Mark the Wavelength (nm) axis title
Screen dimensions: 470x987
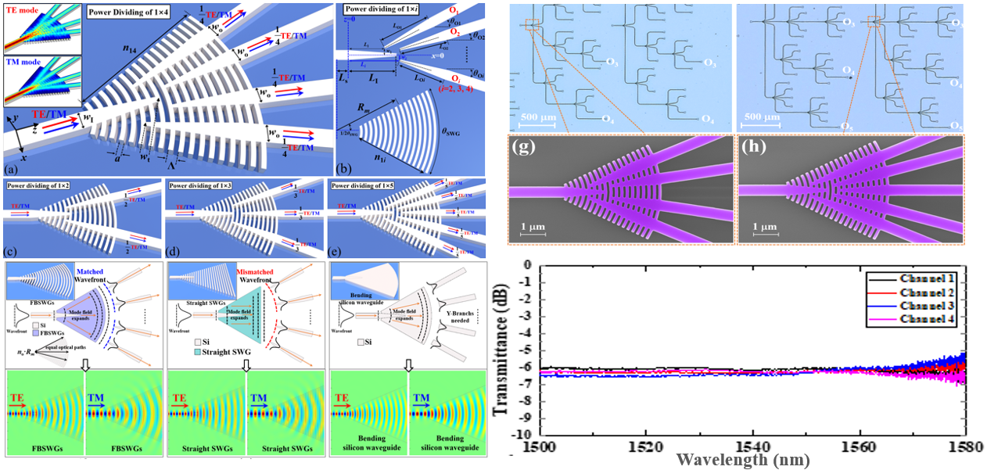(734, 460)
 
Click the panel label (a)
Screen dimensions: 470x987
(12, 169)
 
